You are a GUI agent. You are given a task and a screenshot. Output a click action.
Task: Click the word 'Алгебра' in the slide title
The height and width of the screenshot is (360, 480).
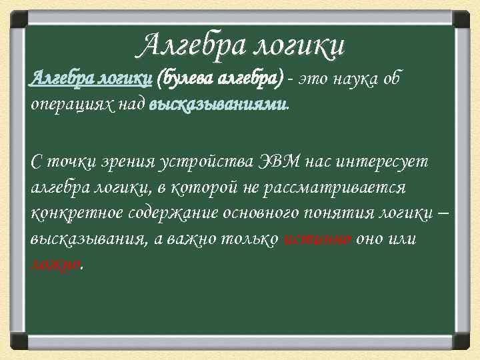click(x=193, y=45)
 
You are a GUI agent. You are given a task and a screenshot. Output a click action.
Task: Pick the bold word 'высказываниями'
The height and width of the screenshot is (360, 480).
click(x=219, y=105)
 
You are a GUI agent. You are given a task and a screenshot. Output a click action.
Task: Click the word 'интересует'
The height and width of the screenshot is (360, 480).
click(x=386, y=162)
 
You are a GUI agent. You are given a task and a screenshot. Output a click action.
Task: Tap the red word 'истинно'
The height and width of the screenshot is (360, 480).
click(x=318, y=240)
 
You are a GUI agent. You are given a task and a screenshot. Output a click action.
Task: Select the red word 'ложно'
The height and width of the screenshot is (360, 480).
click(x=56, y=265)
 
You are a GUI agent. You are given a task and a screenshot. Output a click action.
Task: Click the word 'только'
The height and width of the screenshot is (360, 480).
click(x=249, y=240)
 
